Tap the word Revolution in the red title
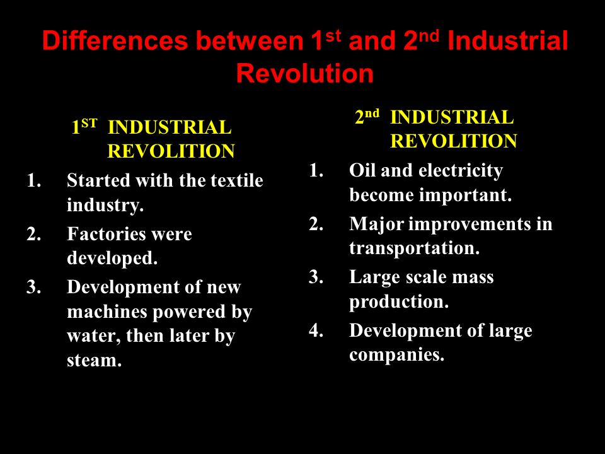point(304,74)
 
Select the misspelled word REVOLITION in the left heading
point(171,151)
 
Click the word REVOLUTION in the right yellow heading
point(454,141)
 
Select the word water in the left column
point(93,336)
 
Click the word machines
point(107,311)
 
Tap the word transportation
point(414,248)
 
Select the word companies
point(396,355)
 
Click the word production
point(399,302)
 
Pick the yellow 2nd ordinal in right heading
point(367,117)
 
